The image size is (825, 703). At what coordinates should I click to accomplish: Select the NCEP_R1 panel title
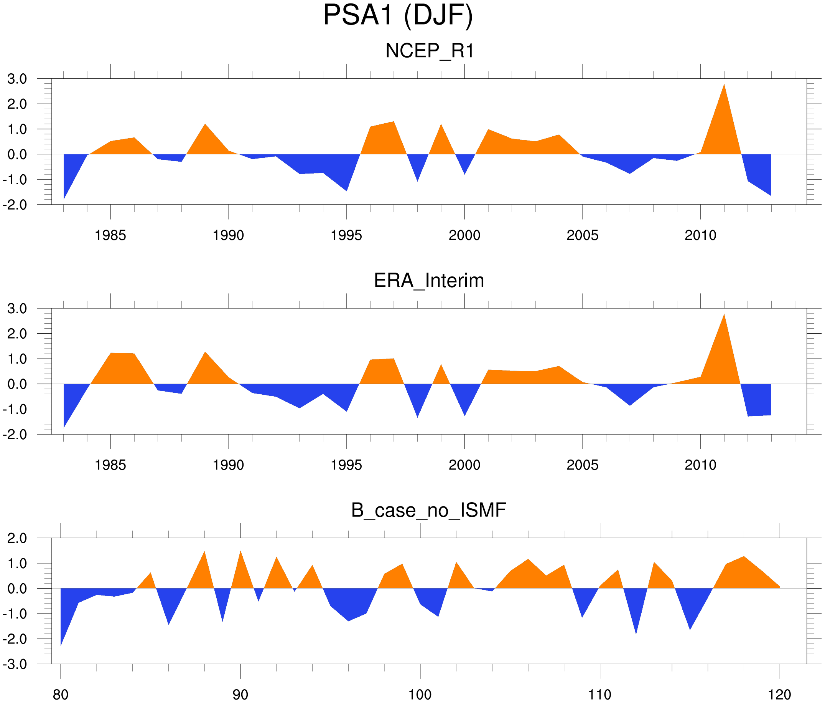point(430,51)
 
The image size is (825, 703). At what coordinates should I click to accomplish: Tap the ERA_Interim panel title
point(429,281)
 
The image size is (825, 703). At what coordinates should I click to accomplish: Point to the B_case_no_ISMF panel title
point(428,511)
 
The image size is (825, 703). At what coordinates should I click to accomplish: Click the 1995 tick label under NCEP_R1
point(346,235)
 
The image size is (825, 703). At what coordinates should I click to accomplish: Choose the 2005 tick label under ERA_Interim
point(582,465)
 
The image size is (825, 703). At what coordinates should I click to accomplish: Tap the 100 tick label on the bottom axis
point(420,695)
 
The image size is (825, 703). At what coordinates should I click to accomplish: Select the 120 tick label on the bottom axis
point(779,695)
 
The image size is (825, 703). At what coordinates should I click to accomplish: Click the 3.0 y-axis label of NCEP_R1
point(17,79)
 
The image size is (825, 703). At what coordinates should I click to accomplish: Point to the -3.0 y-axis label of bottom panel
point(15,664)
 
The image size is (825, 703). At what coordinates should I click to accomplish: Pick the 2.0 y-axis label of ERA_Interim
point(17,334)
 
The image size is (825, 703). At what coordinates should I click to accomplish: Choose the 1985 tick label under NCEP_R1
point(110,235)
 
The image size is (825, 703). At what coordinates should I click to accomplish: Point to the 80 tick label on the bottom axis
point(61,695)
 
